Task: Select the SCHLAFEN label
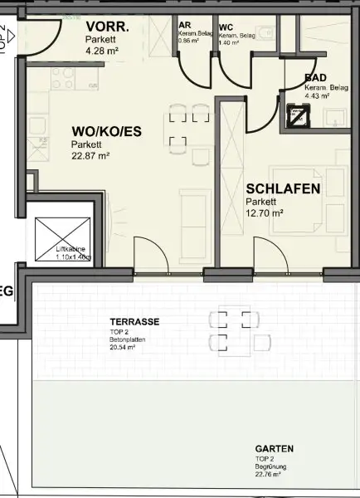click(x=283, y=189)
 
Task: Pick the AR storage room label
click(x=185, y=26)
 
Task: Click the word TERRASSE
click(x=134, y=321)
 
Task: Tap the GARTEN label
click(x=274, y=448)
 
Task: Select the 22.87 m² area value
click(x=90, y=155)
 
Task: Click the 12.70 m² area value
click(x=265, y=213)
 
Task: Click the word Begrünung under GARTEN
click(x=270, y=466)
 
